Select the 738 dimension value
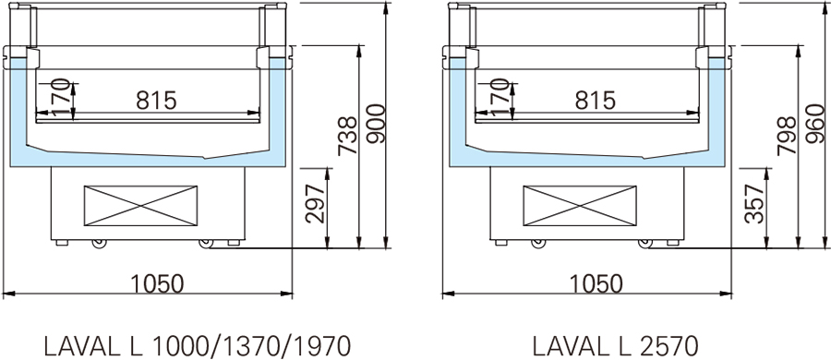point(348,137)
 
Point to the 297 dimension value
point(316,204)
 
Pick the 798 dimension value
point(787,137)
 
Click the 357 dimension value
point(754,204)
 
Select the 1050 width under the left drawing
point(157,283)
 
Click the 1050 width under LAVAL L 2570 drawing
point(596,283)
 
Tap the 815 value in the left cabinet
point(156,100)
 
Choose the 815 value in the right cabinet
point(596,100)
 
